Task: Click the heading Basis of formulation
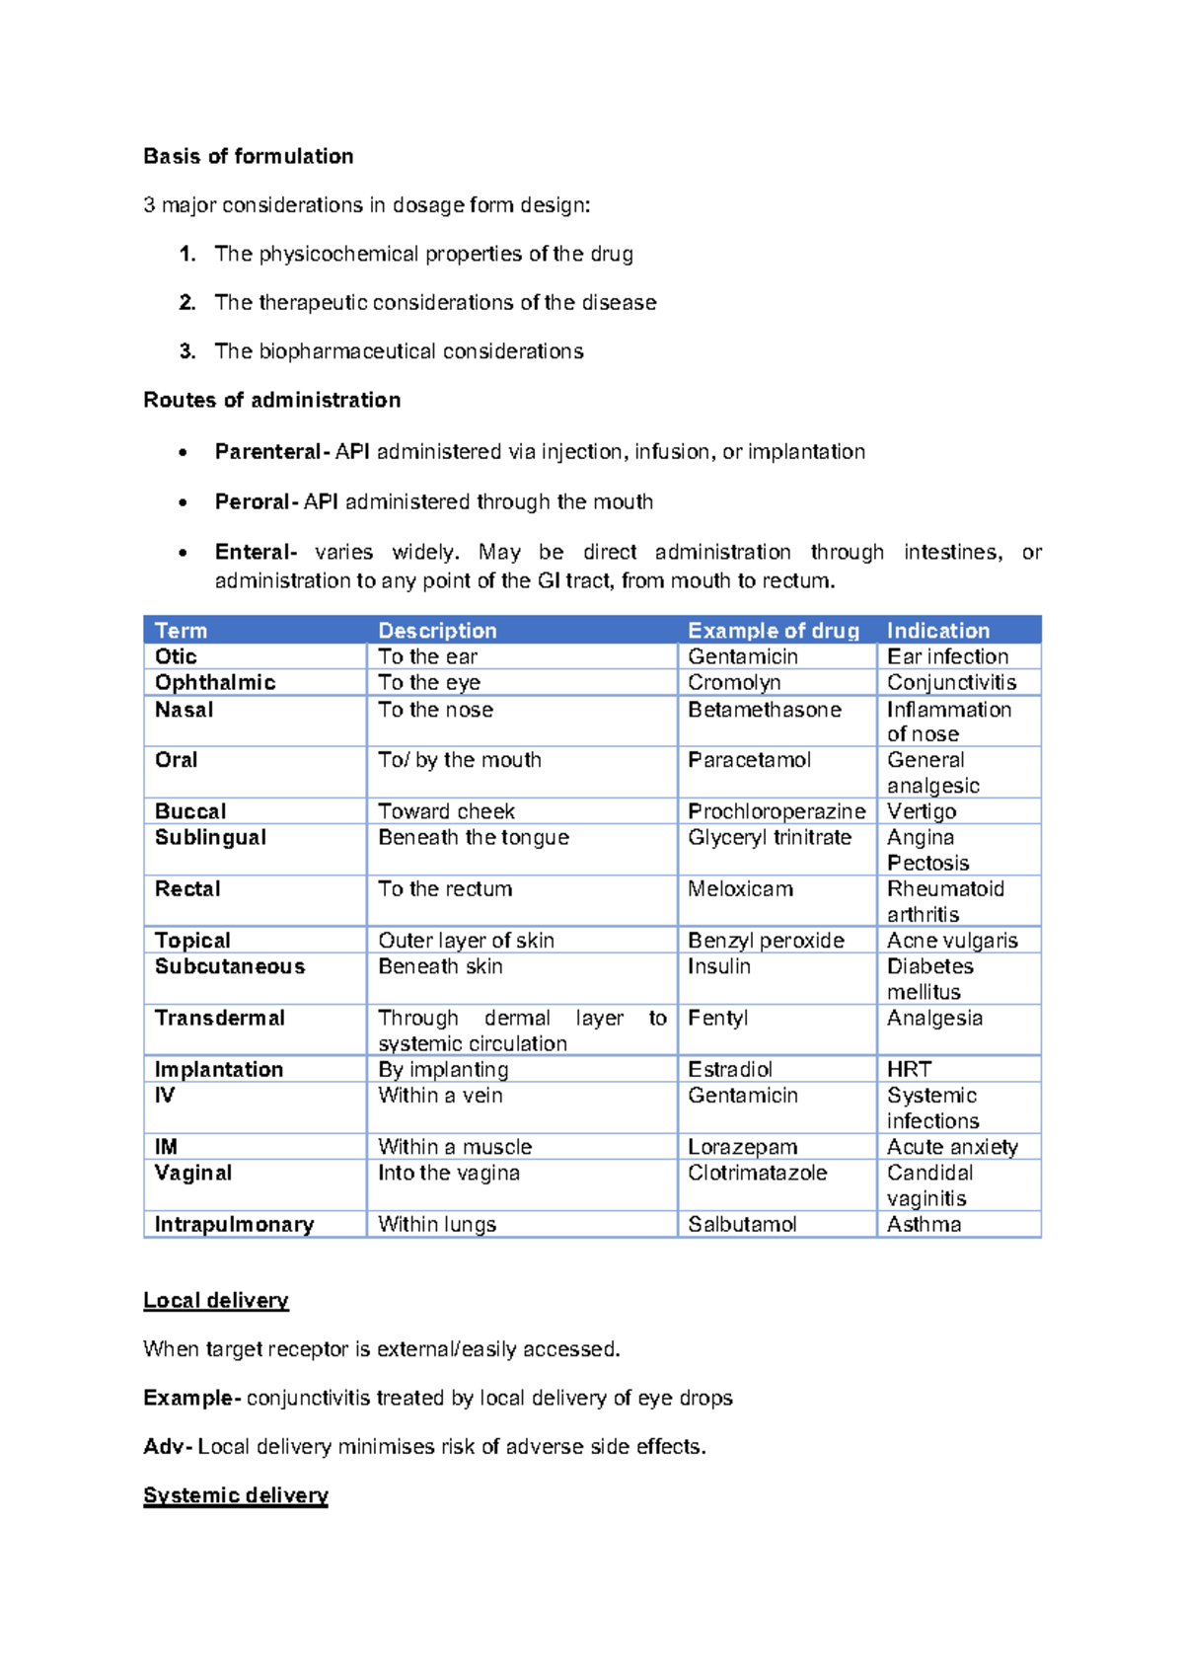click(248, 156)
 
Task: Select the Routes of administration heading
click(271, 400)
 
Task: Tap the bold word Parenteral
click(267, 451)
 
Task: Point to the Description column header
click(437, 631)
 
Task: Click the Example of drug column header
click(773, 631)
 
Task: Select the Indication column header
click(937, 631)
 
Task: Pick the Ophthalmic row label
click(215, 682)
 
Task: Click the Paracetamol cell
click(749, 760)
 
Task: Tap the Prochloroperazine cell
click(777, 811)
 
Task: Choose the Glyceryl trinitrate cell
click(770, 837)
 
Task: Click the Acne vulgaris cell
click(952, 941)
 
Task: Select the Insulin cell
click(718, 966)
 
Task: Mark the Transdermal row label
click(219, 1018)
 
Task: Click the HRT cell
click(909, 1069)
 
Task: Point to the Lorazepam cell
click(742, 1147)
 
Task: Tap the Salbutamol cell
click(742, 1224)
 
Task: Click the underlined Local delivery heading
click(216, 1300)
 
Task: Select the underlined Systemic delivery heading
click(235, 1495)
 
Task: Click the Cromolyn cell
click(734, 682)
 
